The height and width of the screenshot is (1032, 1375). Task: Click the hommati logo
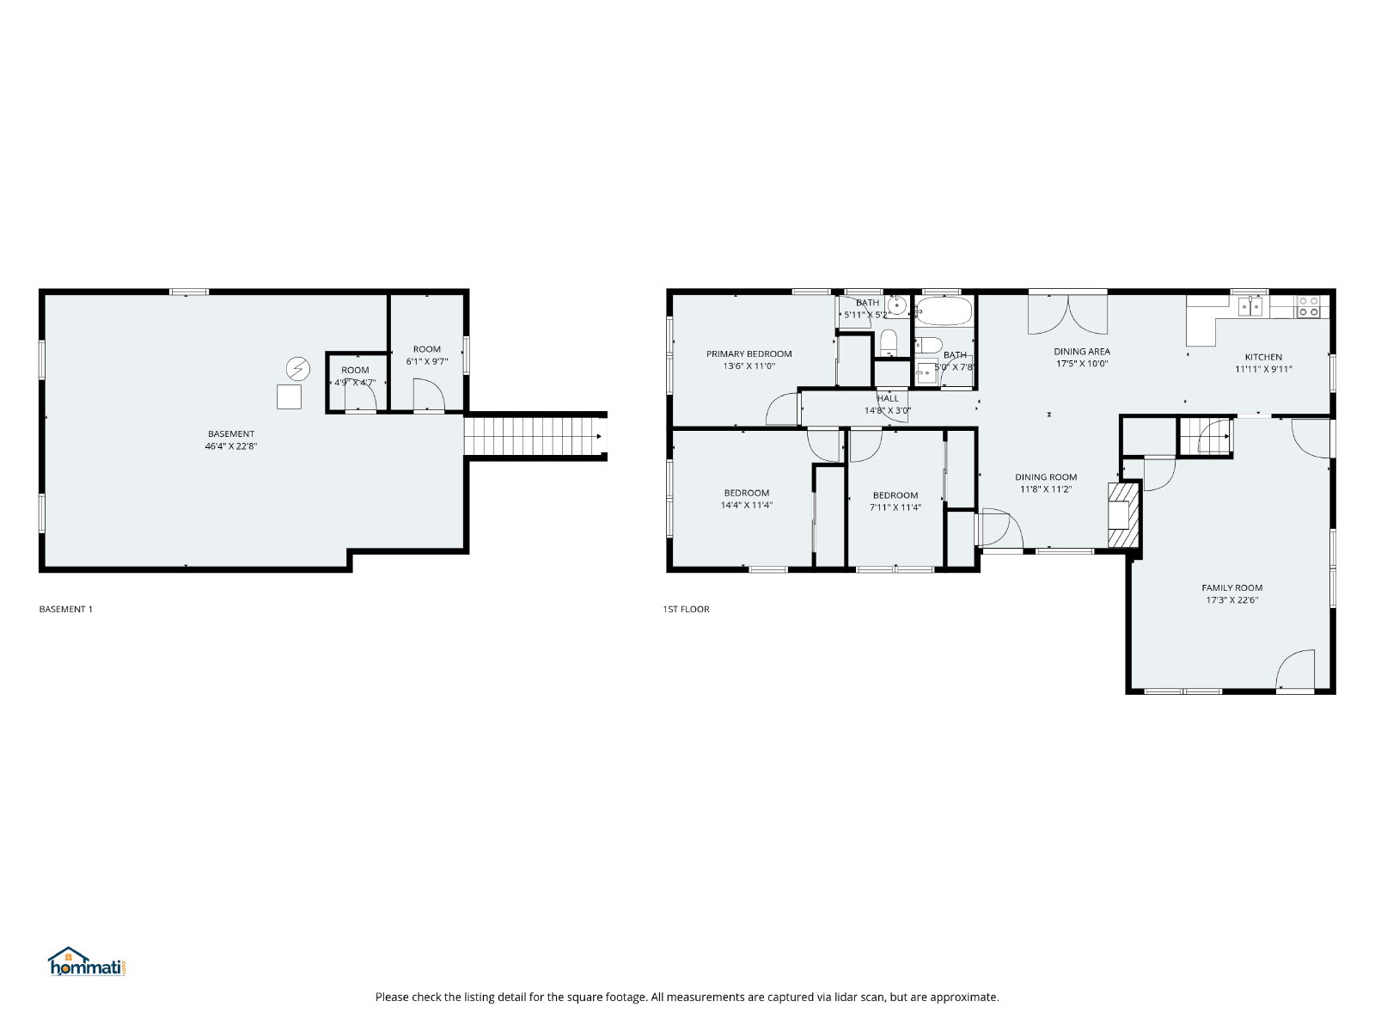click(87, 961)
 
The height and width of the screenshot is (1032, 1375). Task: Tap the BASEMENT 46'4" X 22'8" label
click(231, 439)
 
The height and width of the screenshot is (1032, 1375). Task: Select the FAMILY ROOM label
click(1231, 593)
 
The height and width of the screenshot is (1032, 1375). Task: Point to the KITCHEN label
click(1263, 363)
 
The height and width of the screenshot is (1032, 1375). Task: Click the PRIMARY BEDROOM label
click(749, 359)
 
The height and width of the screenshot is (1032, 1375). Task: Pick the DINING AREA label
click(1082, 357)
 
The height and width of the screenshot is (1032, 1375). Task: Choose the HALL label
click(888, 404)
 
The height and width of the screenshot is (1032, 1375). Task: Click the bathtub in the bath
click(944, 310)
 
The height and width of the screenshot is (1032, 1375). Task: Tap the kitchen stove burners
click(1309, 306)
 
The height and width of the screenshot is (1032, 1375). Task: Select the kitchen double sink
click(1250, 306)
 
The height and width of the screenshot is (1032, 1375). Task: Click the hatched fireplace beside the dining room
click(1124, 514)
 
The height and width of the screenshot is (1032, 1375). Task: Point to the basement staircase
click(535, 436)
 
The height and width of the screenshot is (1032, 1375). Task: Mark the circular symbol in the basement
click(297, 368)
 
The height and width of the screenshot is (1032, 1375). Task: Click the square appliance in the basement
click(289, 396)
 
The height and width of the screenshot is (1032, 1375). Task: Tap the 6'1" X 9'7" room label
click(426, 355)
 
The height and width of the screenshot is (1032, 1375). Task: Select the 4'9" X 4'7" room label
click(355, 376)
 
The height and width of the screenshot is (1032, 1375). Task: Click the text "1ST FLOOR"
click(686, 609)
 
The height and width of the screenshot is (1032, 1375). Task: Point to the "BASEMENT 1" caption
click(66, 609)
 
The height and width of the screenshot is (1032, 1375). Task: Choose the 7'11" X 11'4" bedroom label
click(895, 501)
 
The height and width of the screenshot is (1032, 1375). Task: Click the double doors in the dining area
click(1067, 313)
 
